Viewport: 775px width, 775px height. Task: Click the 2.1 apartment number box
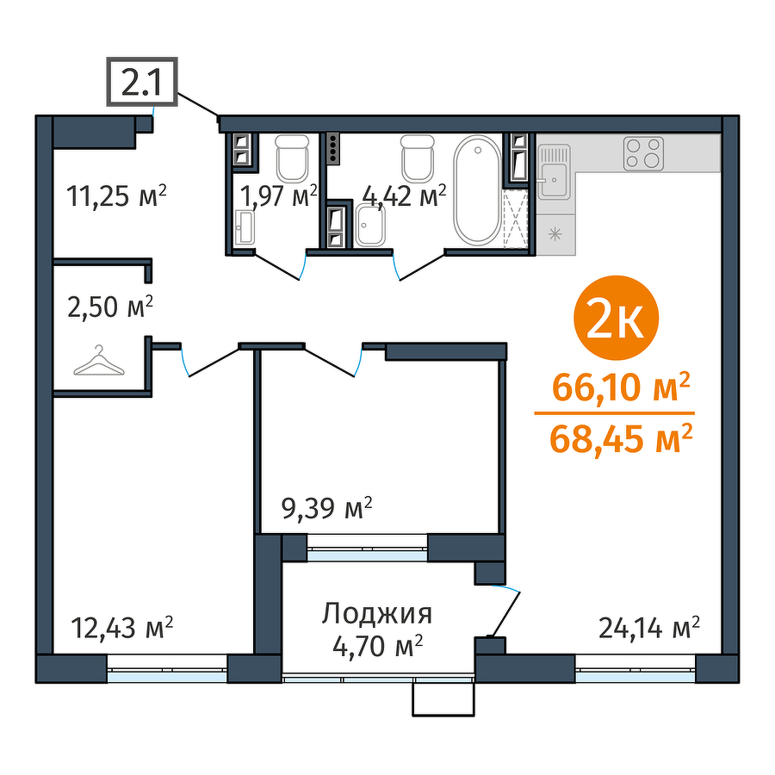(x=142, y=82)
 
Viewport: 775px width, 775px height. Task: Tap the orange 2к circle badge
(x=616, y=319)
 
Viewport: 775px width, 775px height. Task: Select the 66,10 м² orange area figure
(x=620, y=387)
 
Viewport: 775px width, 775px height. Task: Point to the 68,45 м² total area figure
(x=620, y=439)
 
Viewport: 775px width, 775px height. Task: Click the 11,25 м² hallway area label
(x=116, y=196)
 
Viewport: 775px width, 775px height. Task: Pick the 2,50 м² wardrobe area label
(x=110, y=307)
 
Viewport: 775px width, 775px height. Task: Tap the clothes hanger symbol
(x=99, y=361)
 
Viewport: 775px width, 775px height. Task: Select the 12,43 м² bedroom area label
(x=122, y=629)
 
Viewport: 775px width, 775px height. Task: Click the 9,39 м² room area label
(x=326, y=509)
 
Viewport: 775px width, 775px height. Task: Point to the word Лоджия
(x=377, y=614)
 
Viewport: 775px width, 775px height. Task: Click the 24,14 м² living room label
(x=649, y=629)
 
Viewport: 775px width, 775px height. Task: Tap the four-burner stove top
(x=643, y=154)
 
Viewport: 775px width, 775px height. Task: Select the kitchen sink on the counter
(x=554, y=171)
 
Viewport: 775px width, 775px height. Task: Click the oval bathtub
(x=477, y=189)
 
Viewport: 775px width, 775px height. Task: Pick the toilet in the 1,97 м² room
(x=293, y=158)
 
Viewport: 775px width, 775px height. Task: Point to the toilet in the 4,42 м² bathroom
(x=418, y=158)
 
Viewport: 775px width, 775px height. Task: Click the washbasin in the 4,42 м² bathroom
(x=370, y=226)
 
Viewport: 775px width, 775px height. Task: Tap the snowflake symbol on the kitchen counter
(x=555, y=233)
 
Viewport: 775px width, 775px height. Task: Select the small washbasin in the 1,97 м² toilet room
(x=245, y=227)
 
